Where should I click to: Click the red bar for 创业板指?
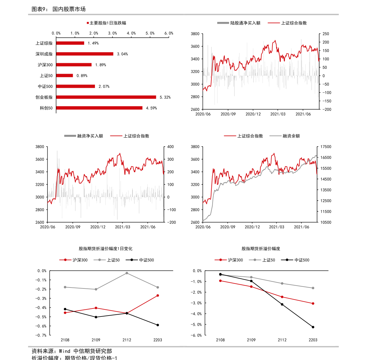click(106, 97)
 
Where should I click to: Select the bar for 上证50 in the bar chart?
click(64, 76)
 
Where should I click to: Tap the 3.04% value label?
click(122, 54)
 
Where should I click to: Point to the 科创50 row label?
click(46, 108)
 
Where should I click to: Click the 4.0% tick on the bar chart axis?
click(131, 33)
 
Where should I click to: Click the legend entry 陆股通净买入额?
click(245, 23)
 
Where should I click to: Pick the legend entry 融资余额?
click(291, 136)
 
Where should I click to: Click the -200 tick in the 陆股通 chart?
click(326, 109)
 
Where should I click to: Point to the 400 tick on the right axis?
click(170, 147)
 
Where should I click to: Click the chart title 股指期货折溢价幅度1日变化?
click(106, 249)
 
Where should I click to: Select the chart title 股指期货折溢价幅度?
click(261, 249)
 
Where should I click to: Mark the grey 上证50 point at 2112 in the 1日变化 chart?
click(127, 273)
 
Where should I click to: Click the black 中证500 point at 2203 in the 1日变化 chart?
click(158, 325)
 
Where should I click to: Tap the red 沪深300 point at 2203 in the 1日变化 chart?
click(158, 296)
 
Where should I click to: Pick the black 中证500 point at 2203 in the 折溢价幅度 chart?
click(313, 327)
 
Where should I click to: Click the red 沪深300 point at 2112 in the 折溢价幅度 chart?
click(282, 297)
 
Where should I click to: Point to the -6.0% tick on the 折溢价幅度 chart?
click(196, 335)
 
